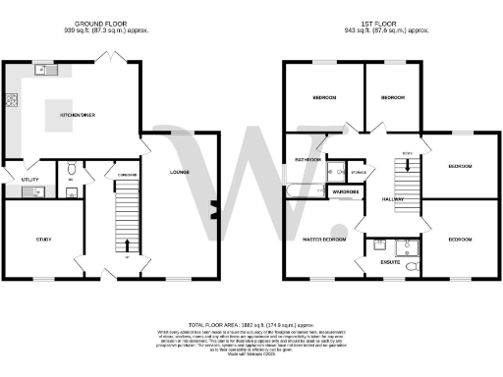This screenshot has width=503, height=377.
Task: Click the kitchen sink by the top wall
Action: click(x=45, y=70)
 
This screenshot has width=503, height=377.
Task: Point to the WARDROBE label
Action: click(x=345, y=190)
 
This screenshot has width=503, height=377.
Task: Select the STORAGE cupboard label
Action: click(x=357, y=173)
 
